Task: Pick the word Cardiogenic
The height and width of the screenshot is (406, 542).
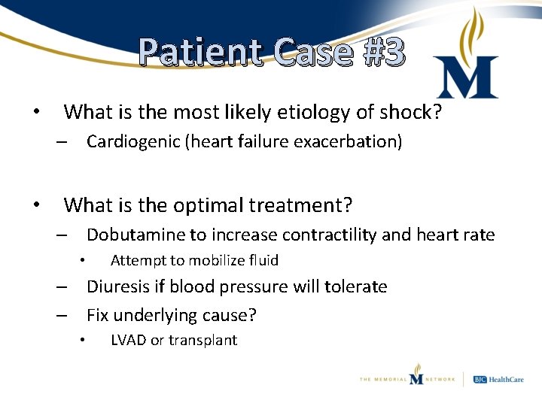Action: coord(132,142)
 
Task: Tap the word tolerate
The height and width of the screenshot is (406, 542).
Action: coord(355,286)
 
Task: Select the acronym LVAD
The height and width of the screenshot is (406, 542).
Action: coord(128,341)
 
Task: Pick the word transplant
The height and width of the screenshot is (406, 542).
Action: coord(203,341)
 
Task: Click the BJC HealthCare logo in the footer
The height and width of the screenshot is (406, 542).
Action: coord(501,380)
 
